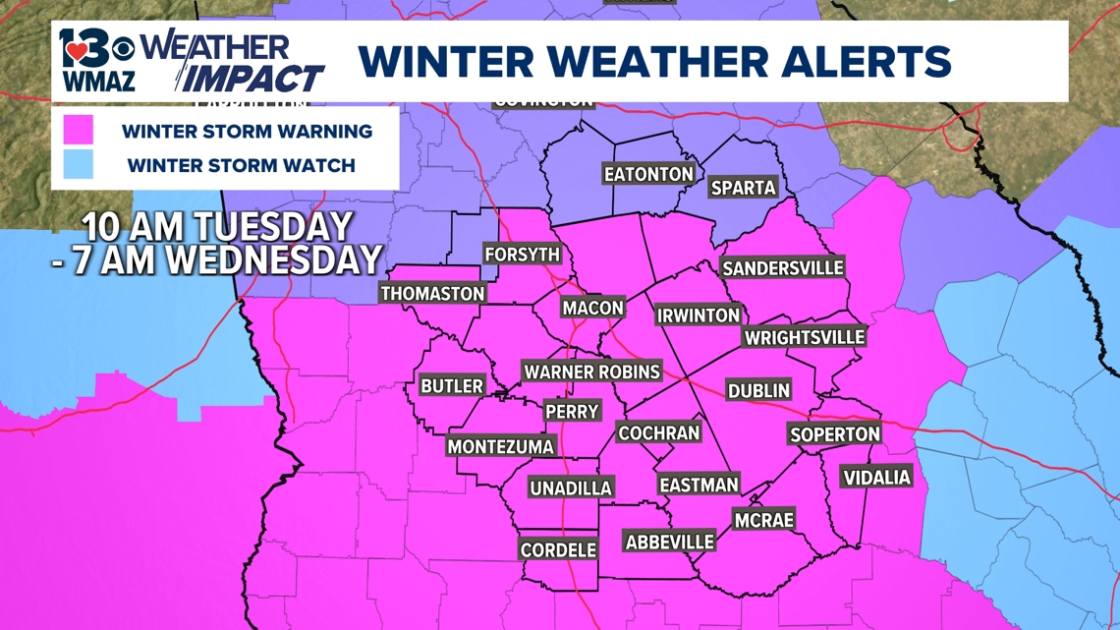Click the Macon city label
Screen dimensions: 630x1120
pyautogui.click(x=592, y=308)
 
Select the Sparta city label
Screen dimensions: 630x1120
pyautogui.click(x=743, y=187)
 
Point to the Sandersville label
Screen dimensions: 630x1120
pyautogui.click(x=783, y=267)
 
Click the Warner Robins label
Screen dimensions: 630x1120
pyautogui.click(x=591, y=372)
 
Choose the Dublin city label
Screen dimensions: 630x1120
pyautogui.click(x=757, y=390)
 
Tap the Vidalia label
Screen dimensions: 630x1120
pyautogui.click(x=876, y=478)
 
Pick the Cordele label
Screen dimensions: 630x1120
pyautogui.click(x=558, y=550)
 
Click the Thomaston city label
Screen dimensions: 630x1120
pyautogui.click(x=432, y=293)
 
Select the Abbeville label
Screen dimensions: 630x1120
pyautogui.click(x=669, y=541)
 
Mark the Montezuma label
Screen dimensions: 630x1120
pyautogui.click(x=500, y=446)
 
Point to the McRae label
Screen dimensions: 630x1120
pyautogui.click(x=762, y=520)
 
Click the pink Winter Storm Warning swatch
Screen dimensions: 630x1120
pyautogui.click(x=78, y=131)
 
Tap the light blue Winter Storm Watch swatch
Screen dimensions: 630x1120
pyautogui.click(x=78, y=165)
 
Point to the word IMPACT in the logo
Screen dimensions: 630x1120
pyautogui.click(x=254, y=78)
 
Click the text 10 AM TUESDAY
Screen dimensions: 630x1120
pyautogui.click(x=216, y=227)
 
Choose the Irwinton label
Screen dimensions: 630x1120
pyautogui.click(x=698, y=315)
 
